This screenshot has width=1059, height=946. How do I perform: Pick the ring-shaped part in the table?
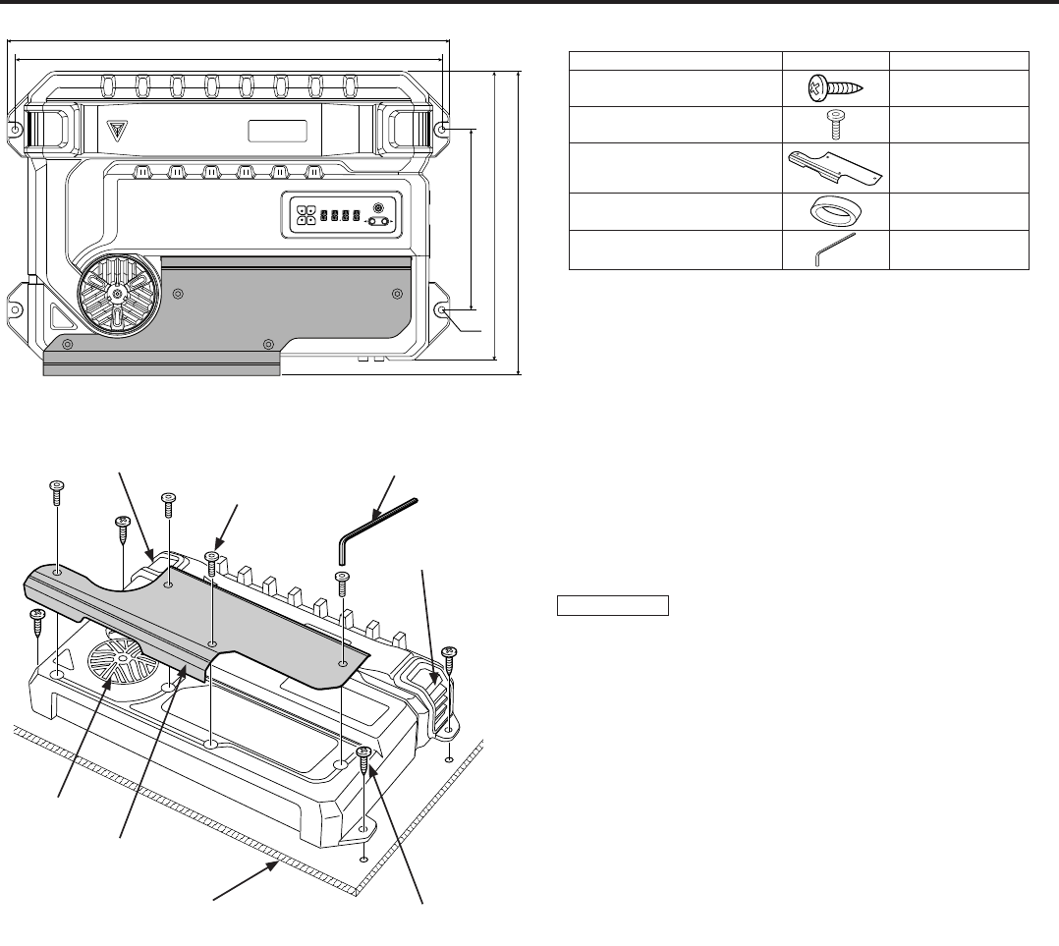coord(834,211)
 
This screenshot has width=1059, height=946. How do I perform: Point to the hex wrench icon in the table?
coord(834,250)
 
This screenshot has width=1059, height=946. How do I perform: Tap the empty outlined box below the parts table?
coord(613,604)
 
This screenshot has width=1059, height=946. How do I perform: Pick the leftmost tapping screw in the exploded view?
coord(37,622)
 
